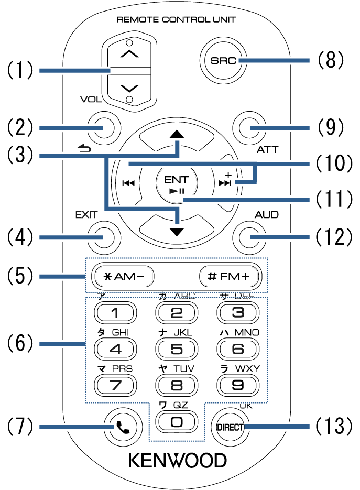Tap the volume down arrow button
pyautogui.click(x=130, y=86)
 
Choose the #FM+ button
pyautogui.click(x=230, y=276)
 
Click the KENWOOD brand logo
pyautogui.click(x=178, y=461)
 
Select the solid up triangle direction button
pyautogui.click(x=177, y=134)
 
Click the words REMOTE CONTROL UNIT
pyautogui.click(x=176, y=20)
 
